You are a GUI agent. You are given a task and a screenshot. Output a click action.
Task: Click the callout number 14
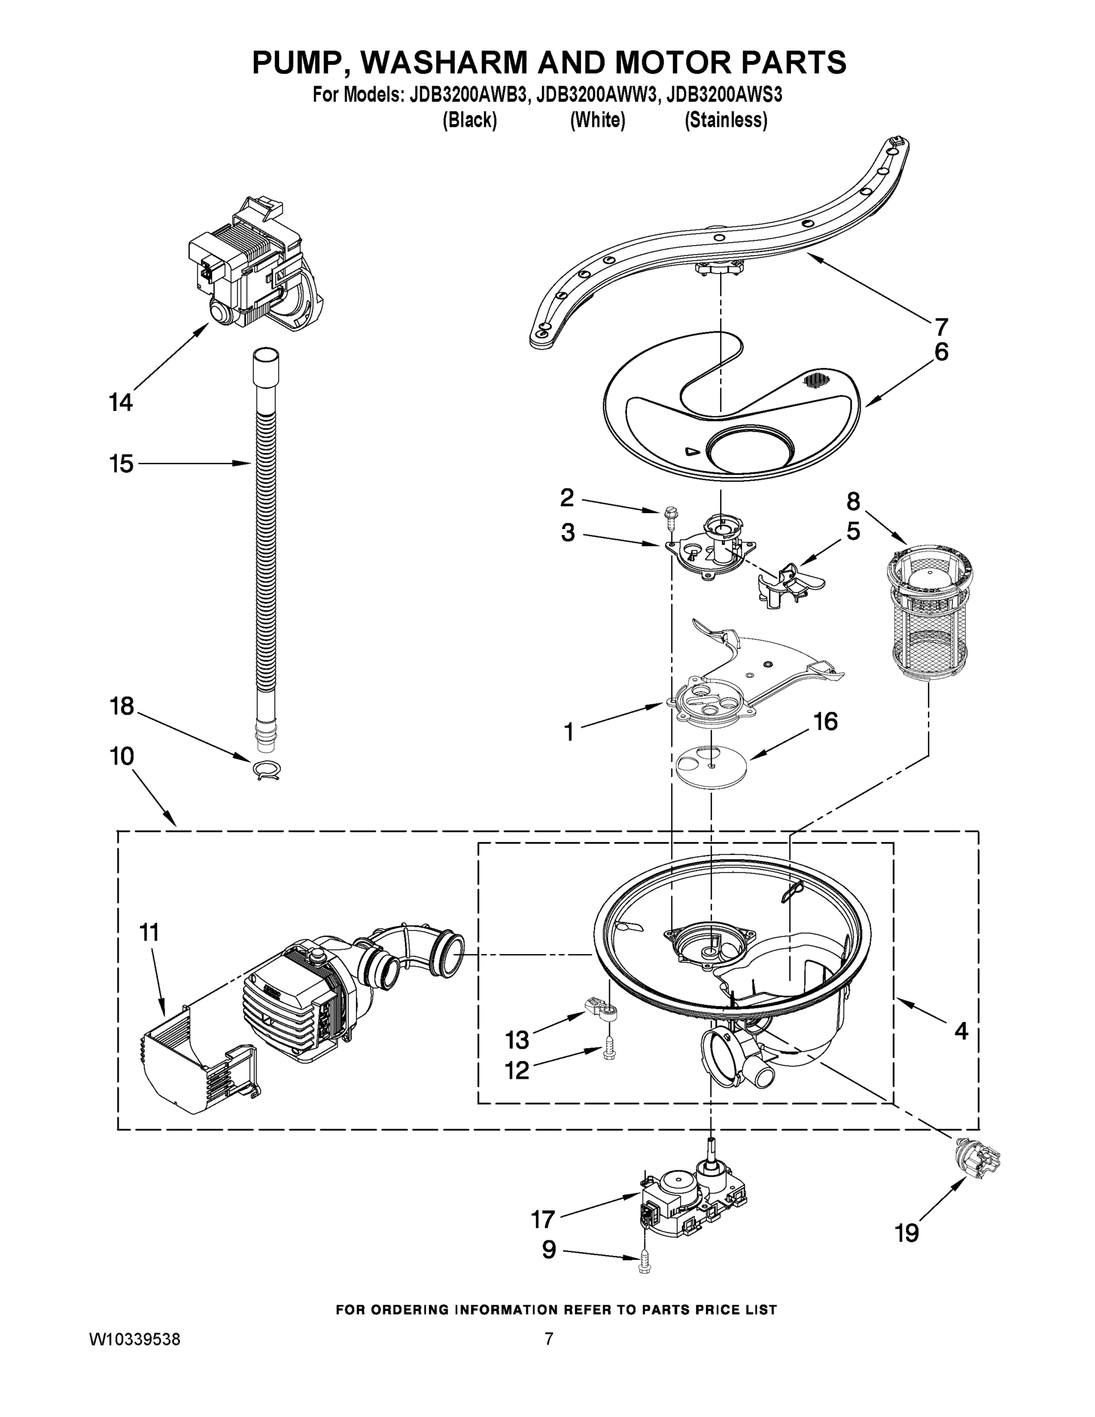click(120, 403)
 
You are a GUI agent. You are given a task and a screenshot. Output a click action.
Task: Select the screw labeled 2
click(668, 518)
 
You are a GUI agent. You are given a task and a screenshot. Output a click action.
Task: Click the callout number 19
click(907, 1232)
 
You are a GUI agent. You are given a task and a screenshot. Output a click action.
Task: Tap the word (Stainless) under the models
click(726, 120)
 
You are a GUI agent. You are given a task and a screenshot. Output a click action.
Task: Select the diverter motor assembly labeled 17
click(694, 1196)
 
